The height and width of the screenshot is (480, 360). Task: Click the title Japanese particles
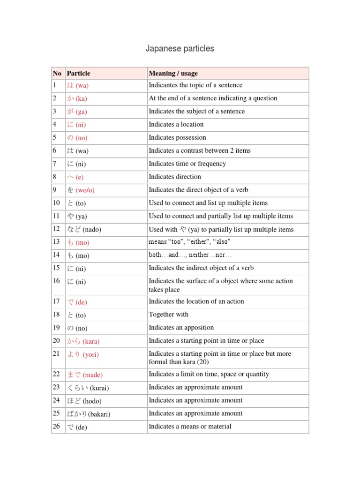pos(180,49)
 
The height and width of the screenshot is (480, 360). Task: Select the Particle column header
pos(79,73)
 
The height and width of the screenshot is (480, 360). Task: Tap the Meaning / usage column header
pos(173,73)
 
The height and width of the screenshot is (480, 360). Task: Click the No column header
pos(57,73)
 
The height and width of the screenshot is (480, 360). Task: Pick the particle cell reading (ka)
pos(77,98)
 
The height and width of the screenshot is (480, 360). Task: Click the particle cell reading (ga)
pos(77,112)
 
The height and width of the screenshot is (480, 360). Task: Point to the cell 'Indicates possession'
pos(177,137)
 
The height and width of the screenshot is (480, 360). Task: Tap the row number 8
pos(55,177)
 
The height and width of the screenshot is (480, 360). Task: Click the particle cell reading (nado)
pos(84,230)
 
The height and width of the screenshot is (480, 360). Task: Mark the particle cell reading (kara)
pos(83,341)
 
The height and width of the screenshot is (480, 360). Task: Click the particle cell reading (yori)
pos(82,354)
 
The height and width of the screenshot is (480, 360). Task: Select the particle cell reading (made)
pos(85,375)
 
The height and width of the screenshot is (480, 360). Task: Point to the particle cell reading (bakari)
pos(89,414)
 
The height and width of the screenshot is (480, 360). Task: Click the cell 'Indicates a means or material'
pos(190,426)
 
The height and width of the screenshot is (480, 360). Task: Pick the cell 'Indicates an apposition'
pos(181,328)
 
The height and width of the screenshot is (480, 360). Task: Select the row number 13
pos(57,242)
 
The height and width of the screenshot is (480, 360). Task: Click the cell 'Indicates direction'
pos(175,177)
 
